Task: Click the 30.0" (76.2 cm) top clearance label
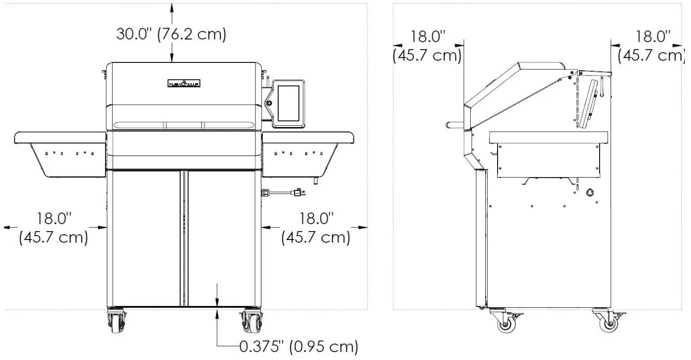171,34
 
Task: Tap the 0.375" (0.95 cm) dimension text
298,346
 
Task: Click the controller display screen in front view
289,103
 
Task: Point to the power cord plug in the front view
298,192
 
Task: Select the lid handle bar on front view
184,125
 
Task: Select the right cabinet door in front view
222,237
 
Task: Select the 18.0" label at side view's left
427,46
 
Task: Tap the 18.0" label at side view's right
652,46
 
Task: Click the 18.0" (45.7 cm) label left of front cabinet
54,228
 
